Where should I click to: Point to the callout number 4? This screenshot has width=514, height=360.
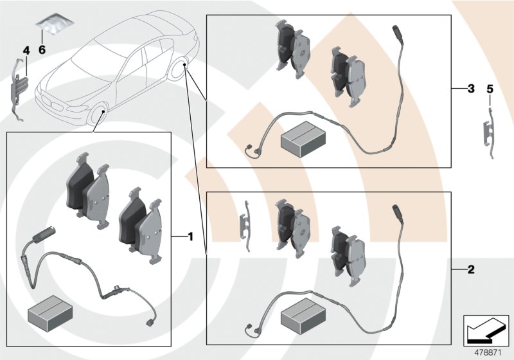click(x=26, y=50)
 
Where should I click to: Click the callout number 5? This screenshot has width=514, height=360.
click(x=490, y=89)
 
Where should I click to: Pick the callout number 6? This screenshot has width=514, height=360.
click(x=42, y=50)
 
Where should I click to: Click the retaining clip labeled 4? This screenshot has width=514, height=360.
click(x=21, y=90)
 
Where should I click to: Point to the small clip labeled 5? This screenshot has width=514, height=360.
click(x=490, y=132)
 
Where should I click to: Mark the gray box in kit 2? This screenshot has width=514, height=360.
click(x=304, y=317)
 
